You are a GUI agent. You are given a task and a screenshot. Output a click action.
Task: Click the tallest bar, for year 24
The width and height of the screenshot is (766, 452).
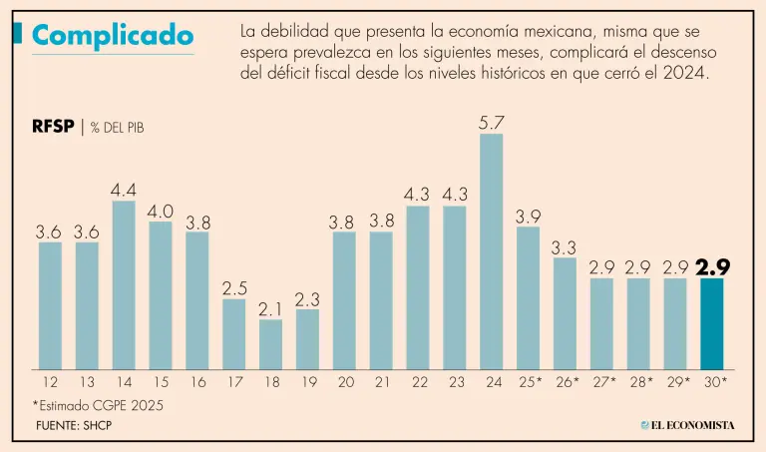[491, 251]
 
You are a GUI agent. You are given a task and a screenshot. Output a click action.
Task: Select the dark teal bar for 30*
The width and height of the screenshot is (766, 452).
[712, 323]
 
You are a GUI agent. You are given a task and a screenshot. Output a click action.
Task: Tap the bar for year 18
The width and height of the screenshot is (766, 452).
[270, 344]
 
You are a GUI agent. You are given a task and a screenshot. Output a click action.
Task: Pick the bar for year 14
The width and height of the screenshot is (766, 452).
[124, 285]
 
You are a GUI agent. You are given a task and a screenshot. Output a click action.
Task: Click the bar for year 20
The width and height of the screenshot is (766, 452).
[344, 300]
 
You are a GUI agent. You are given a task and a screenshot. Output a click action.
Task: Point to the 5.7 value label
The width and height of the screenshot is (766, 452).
[492, 123]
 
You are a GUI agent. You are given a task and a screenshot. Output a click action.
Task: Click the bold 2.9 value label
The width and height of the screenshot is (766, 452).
[714, 267]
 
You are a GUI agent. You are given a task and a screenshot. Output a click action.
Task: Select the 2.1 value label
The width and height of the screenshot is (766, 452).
[270, 308]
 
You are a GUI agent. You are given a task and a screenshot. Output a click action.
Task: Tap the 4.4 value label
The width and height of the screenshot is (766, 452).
[124, 191]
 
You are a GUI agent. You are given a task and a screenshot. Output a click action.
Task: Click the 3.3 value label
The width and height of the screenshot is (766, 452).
[566, 246]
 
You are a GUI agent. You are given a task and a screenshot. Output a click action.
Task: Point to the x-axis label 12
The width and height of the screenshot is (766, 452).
[50, 382]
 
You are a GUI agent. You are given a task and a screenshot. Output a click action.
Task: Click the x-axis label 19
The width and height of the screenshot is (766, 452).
[307, 382]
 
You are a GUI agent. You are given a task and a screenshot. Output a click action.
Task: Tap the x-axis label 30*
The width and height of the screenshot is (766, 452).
[715, 382]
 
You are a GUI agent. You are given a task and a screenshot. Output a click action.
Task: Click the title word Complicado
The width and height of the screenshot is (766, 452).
[112, 36]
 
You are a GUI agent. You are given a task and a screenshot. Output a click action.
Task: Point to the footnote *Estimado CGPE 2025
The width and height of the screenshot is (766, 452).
[96, 405]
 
